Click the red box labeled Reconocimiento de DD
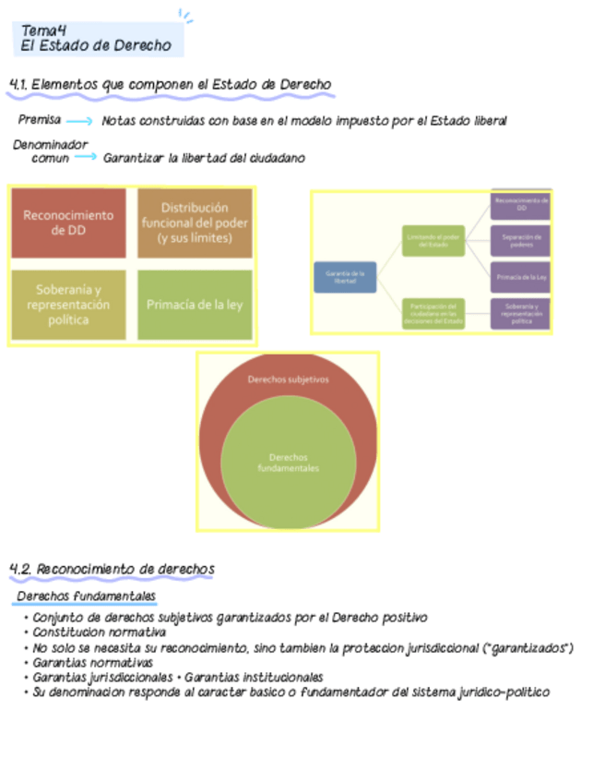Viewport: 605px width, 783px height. [x=69, y=223]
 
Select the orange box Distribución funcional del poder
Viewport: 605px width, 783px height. [x=195, y=223]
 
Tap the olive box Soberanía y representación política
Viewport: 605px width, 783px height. [x=69, y=305]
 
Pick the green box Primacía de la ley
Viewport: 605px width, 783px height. [x=195, y=305]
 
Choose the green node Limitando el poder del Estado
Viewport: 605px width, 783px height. [x=433, y=240]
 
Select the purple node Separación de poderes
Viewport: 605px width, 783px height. [x=521, y=241]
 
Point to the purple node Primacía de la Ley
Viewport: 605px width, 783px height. [x=521, y=277]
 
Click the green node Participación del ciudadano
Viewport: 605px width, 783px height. [x=433, y=314]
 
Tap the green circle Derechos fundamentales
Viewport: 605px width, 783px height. [x=288, y=462]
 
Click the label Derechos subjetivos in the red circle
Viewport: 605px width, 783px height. [x=288, y=379]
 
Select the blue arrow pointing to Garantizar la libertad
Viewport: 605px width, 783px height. [x=86, y=158]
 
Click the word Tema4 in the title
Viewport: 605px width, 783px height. [x=43, y=30]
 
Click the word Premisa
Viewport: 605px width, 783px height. [x=40, y=120]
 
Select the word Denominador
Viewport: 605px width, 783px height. [x=51, y=145]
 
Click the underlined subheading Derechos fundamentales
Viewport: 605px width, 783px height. [x=87, y=596]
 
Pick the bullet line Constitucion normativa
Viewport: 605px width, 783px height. [x=99, y=632]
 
